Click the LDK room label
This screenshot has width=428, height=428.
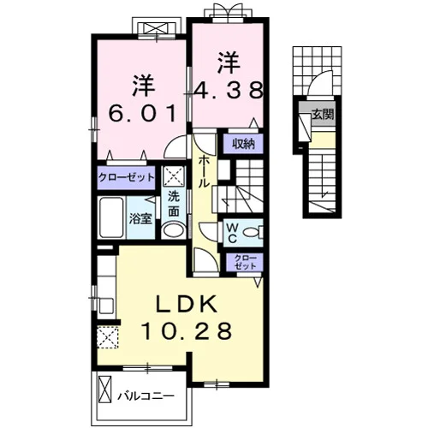click(x=186, y=305)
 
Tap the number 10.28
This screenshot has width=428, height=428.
click(x=186, y=330)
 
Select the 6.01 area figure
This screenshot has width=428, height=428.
click(x=142, y=113)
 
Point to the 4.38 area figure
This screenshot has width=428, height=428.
click(x=229, y=90)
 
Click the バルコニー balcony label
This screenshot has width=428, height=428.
click(x=146, y=396)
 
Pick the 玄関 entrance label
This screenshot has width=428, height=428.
click(x=323, y=115)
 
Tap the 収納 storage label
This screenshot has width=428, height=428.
click(x=243, y=145)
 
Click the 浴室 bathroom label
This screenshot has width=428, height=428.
click(x=140, y=219)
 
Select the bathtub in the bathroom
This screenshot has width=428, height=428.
click(x=111, y=217)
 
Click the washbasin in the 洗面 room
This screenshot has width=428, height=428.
click(x=174, y=231)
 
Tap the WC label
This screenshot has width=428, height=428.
click(x=232, y=233)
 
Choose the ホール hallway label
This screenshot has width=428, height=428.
click(x=203, y=172)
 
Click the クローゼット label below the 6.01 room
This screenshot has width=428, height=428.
click(x=126, y=177)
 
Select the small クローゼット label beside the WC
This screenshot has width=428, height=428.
click(x=245, y=262)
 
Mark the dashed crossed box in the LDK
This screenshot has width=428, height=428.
click(x=108, y=337)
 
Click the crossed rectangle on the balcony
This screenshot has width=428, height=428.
click(x=104, y=389)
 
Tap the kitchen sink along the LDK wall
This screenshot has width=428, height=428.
click(x=106, y=306)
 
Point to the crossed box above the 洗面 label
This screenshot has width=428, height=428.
click(x=174, y=176)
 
